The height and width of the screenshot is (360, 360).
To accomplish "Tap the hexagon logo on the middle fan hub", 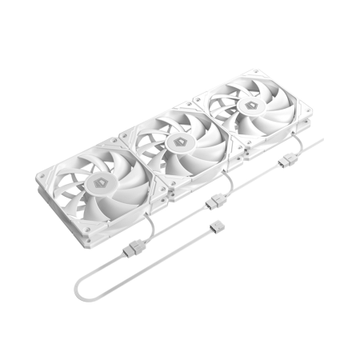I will (x=180, y=142).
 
